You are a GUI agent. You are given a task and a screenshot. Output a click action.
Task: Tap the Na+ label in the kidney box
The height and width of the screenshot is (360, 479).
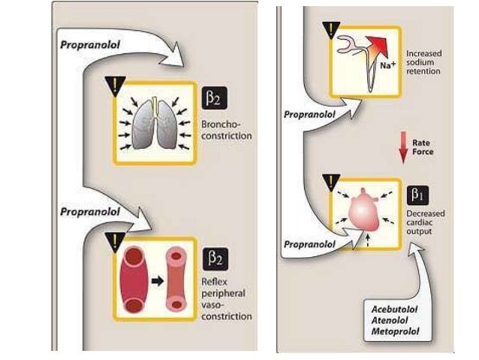[x=387, y=66]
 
